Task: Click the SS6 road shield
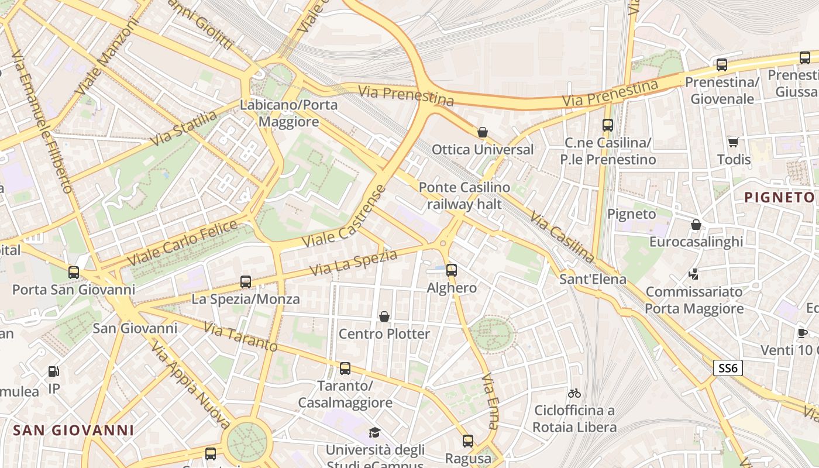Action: [728, 368]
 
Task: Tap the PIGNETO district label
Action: [780, 197]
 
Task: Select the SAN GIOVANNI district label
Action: [73, 431]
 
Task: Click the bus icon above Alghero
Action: [451, 270]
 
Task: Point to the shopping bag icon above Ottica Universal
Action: [483, 132]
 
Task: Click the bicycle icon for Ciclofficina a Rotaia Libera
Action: [574, 393]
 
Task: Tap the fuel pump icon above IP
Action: [53, 371]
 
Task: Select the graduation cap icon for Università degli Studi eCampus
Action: [374, 432]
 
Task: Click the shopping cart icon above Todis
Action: [733, 142]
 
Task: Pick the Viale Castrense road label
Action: [345, 216]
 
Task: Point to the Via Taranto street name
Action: [240, 336]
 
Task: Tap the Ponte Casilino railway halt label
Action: [464, 195]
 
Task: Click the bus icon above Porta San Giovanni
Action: [73, 272]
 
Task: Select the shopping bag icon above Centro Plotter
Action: [384, 316]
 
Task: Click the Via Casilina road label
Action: [562, 236]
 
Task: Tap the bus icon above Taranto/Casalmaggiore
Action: [345, 369]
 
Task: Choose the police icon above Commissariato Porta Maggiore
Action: [694, 274]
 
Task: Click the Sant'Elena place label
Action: [593, 279]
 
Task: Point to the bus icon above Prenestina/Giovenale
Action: [722, 65]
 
